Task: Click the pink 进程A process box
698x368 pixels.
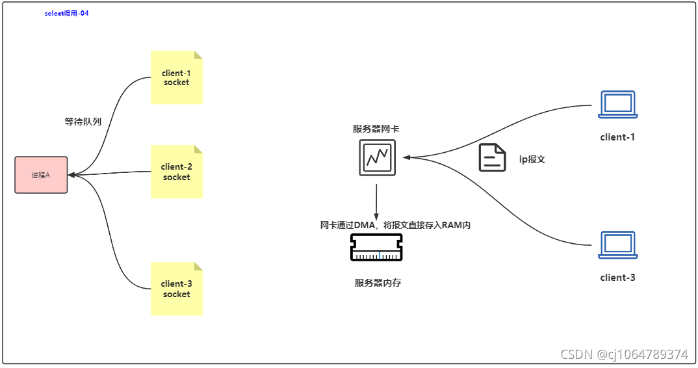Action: click(41, 175)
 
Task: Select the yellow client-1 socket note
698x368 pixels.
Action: click(176, 77)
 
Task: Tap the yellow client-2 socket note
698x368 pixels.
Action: click(176, 172)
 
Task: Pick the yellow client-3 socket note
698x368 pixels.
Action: click(176, 289)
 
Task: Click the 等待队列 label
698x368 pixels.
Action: click(83, 122)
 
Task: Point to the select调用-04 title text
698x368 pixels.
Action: click(66, 13)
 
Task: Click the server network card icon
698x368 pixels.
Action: click(376, 158)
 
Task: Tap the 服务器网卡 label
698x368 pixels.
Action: click(376, 129)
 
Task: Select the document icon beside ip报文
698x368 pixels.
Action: click(492, 158)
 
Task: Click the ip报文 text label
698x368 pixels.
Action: click(532, 159)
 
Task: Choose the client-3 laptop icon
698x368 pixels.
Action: click(617, 244)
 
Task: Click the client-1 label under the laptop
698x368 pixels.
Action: click(617, 137)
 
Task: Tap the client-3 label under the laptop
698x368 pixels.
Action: click(617, 278)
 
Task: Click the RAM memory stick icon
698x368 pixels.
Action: click(376, 248)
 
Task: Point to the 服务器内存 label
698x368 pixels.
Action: click(378, 283)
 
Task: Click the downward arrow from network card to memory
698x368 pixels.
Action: click(376, 202)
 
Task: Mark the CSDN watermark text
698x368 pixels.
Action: click(623, 354)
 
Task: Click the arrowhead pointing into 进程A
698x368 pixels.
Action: click(71, 175)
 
